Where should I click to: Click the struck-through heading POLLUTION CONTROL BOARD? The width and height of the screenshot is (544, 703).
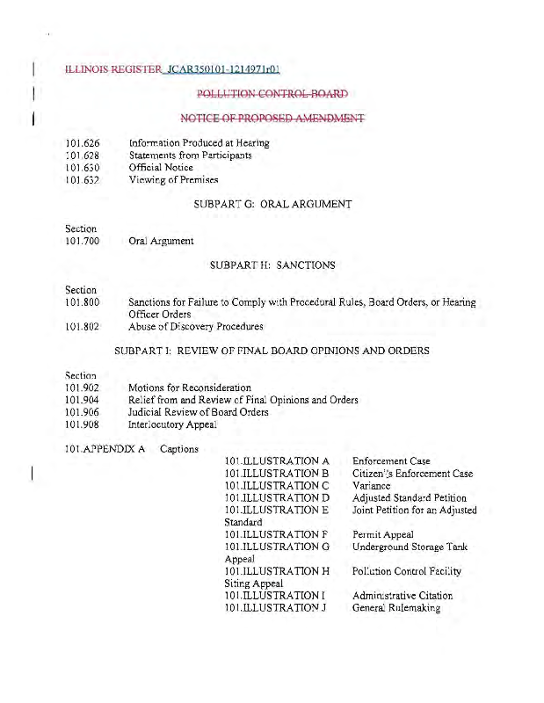(x=272, y=93)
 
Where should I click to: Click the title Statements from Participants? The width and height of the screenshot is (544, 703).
(x=190, y=155)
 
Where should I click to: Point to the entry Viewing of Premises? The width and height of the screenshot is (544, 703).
(x=174, y=179)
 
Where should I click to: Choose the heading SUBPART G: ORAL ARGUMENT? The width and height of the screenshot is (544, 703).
(x=272, y=204)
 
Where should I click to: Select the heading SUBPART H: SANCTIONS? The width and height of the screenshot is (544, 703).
(x=272, y=265)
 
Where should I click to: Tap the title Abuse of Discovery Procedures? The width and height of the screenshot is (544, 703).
(x=195, y=327)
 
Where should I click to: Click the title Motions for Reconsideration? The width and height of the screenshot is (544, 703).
(x=189, y=388)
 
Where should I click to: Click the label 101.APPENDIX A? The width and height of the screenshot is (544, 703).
(x=105, y=449)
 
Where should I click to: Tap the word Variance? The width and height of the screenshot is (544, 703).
(x=371, y=486)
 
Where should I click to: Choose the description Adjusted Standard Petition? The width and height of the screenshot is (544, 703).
(x=409, y=498)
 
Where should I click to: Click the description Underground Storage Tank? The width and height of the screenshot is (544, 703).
(x=410, y=547)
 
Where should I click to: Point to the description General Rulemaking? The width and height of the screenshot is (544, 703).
(x=395, y=608)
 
